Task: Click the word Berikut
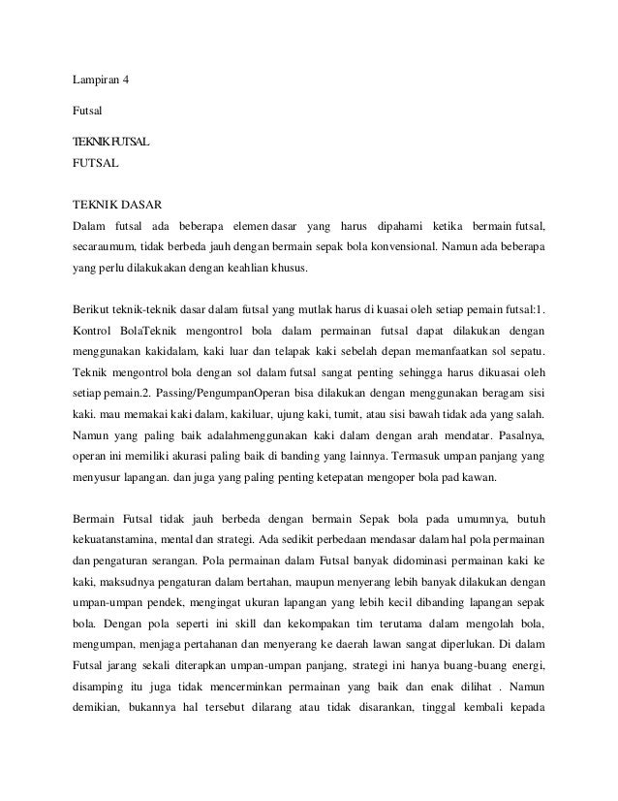(x=94, y=310)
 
